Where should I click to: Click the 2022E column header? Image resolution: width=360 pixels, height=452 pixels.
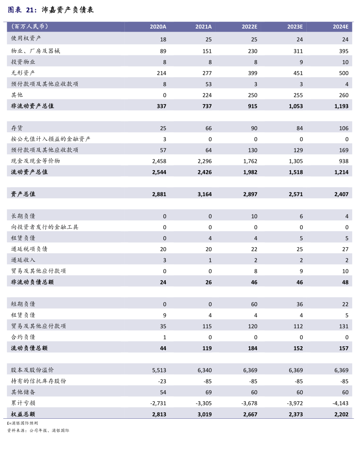pyautogui.click(x=249, y=27)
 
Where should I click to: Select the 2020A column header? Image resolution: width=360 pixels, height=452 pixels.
pyautogui.click(x=158, y=27)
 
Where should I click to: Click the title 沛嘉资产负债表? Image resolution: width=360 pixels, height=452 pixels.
pyautogui.click(x=68, y=10)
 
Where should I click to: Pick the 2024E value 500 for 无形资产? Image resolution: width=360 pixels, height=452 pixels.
pyautogui.click(x=343, y=73)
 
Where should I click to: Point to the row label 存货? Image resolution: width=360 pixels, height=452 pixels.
pyautogui.click(x=17, y=128)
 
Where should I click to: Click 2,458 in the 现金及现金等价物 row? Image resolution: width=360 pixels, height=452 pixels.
pyautogui.click(x=159, y=161)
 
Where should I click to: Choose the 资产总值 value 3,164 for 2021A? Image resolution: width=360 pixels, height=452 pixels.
pyautogui.click(x=204, y=194)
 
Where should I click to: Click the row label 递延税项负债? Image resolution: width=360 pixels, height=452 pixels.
pyautogui.click(x=29, y=249)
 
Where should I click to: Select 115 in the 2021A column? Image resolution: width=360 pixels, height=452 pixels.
pyautogui.click(x=207, y=326)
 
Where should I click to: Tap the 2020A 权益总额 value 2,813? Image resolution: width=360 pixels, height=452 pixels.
pyautogui.click(x=159, y=414)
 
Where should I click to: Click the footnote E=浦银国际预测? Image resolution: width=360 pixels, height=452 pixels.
pyautogui.click(x=22, y=423)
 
